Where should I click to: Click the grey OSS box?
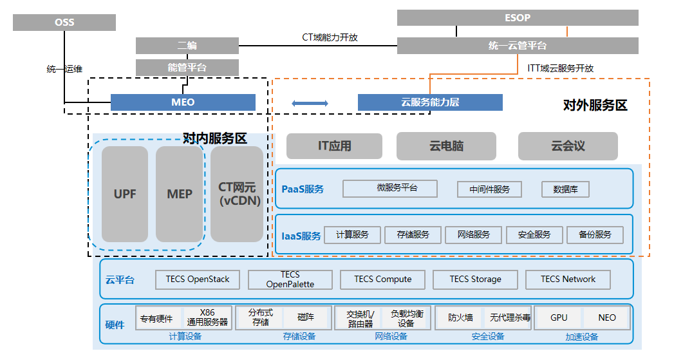click(64, 23)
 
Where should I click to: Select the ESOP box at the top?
click(518, 17)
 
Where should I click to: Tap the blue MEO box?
click(183, 102)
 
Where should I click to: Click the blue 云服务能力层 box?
click(430, 102)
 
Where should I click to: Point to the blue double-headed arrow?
click(310, 103)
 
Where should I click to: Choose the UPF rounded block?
click(125, 194)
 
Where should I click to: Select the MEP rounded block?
click(180, 194)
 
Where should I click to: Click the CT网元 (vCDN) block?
click(237, 194)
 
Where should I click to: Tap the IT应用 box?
click(334, 146)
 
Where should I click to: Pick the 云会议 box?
click(568, 146)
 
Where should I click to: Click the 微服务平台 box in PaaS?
click(389, 189)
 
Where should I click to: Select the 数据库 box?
click(565, 189)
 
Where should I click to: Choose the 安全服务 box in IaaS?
click(534, 235)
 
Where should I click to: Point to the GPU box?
click(559, 317)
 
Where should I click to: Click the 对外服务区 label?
click(595, 106)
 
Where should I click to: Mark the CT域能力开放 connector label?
click(330, 37)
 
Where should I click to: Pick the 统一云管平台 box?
click(518, 46)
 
